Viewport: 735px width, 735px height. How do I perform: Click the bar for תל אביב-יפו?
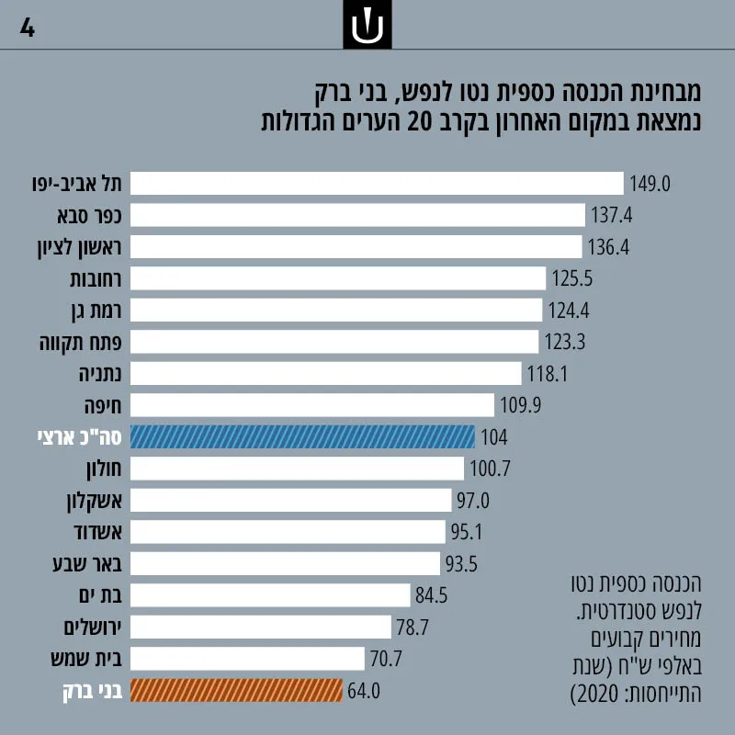click(x=377, y=183)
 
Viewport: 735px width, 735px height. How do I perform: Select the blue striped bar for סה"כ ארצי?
click(x=302, y=437)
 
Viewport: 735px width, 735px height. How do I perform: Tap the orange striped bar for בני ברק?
click(x=236, y=691)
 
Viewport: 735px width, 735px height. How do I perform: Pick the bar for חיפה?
click(x=312, y=405)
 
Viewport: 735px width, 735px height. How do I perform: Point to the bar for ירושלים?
click(x=261, y=628)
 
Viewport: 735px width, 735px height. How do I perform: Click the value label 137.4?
click(x=611, y=215)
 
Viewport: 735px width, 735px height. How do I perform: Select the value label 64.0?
click(x=364, y=691)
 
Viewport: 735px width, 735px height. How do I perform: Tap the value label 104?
click(x=494, y=437)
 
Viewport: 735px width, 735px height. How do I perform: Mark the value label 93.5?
click(x=461, y=564)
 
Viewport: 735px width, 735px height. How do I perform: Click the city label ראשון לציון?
click(x=79, y=247)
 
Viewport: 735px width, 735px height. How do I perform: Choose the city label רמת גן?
click(x=96, y=311)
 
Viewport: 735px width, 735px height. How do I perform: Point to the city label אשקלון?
click(x=95, y=502)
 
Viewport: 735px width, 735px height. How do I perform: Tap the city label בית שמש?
click(x=86, y=659)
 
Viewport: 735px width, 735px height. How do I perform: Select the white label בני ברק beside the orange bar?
click(x=93, y=692)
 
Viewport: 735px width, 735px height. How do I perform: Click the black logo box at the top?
click(x=367, y=25)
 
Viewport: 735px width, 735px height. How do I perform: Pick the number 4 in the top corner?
click(x=28, y=28)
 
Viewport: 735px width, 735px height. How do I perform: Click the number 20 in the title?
click(x=419, y=122)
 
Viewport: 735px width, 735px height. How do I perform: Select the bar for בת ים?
click(x=270, y=595)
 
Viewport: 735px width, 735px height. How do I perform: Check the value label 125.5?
click(x=571, y=278)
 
